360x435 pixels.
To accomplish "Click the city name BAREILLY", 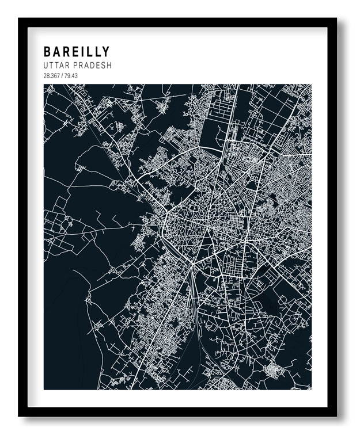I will (76, 52).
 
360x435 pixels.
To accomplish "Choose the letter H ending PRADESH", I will (108, 66).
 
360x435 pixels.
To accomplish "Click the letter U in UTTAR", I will (46, 66).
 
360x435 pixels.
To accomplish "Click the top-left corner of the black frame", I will (18, 18).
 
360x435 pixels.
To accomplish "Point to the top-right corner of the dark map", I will (312, 85).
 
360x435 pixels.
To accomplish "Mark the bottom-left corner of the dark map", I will (44, 390).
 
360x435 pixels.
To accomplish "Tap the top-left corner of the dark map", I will (44, 85).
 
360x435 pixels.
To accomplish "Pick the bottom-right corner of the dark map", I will (312, 390).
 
